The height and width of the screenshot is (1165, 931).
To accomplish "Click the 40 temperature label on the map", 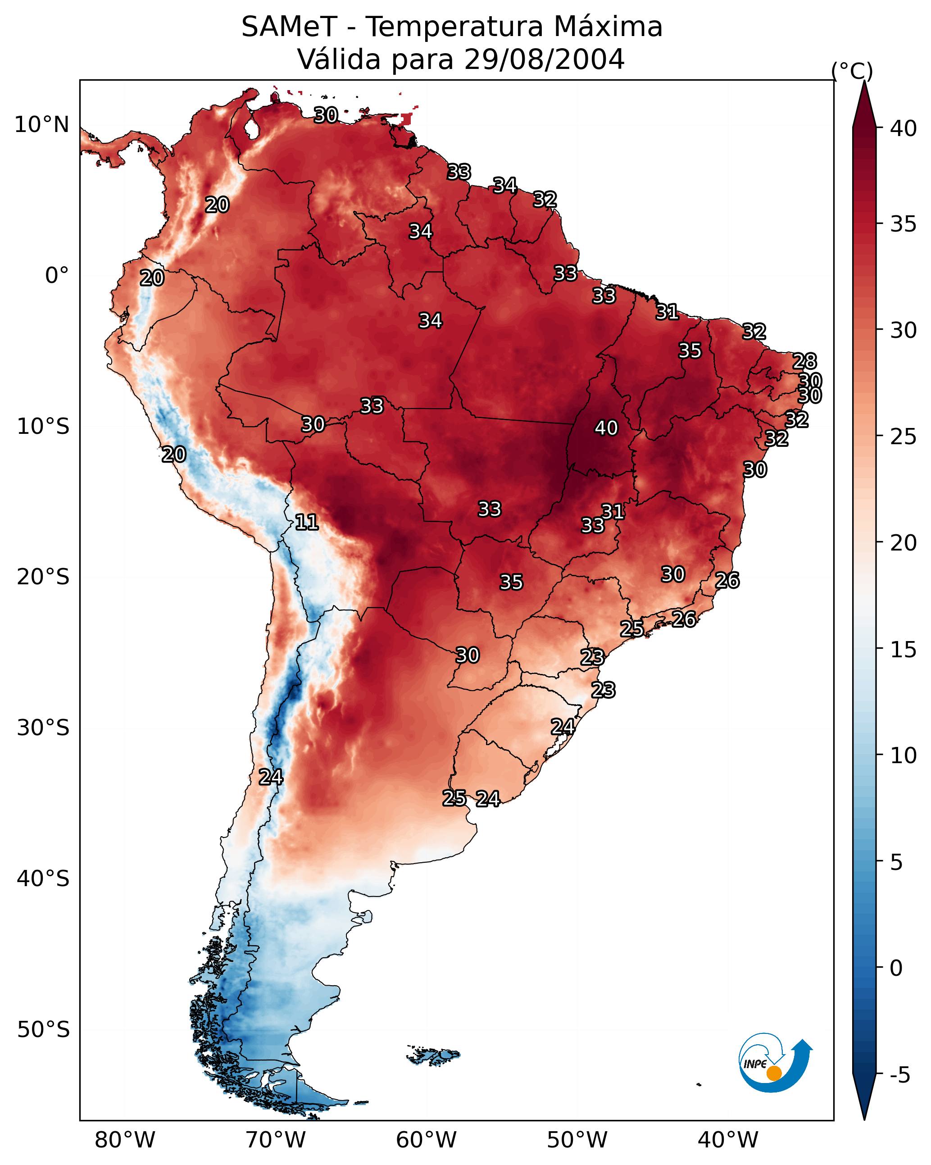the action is pyautogui.click(x=606, y=428).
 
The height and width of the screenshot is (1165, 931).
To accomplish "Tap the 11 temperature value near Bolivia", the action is pyautogui.click(x=306, y=522).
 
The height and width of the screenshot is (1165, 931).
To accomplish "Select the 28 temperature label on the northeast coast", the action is pyautogui.click(x=804, y=361).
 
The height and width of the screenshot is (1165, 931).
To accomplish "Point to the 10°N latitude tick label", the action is pyautogui.click(x=41, y=125).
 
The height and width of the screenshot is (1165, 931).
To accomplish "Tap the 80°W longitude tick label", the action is pyautogui.click(x=125, y=1140).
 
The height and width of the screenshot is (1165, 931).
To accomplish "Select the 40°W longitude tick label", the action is pyautogui.click(x=728, y=1140).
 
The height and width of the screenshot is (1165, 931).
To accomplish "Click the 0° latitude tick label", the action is pyautogui.click(x=57, y=276).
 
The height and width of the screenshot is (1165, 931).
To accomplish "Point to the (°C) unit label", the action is pyautogui.click(x=852, y=71).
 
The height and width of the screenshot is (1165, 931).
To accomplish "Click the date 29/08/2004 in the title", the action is pyautogui.click(x=544, y=59).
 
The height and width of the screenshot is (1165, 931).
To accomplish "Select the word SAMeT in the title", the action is pyautogui.click(x=290, y=27).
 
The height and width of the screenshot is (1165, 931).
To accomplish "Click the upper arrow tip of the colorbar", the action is pyautogui.click(x=864, y=81).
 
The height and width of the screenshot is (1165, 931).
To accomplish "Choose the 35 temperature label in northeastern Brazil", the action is pyautogui.click(x=690, y=350).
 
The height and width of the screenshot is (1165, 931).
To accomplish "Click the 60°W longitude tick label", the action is pyautogui.click(x=427, y=1140).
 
